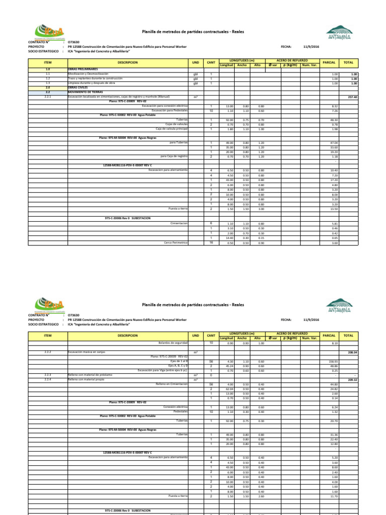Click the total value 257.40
352,97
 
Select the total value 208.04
352,353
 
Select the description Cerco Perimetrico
176,242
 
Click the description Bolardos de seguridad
173,342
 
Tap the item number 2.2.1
48,97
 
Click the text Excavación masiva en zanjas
88,352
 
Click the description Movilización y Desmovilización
88,73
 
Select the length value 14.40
229,237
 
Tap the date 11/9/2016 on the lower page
312,320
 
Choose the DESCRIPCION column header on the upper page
128,62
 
